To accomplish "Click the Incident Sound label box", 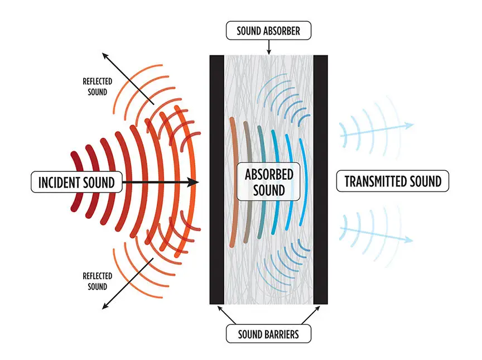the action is point(76,182).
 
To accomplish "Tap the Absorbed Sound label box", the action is point(269,181).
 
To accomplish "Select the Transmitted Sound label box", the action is point(393,181).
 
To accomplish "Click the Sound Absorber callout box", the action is point(268,30).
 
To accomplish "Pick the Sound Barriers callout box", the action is point(268,334).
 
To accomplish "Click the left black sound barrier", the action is point(216,179).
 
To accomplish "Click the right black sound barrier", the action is point(320,179).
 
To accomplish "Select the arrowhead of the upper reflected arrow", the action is point(104,55).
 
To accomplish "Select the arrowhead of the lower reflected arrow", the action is point(104,306).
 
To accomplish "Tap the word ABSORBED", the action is point(269,174).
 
